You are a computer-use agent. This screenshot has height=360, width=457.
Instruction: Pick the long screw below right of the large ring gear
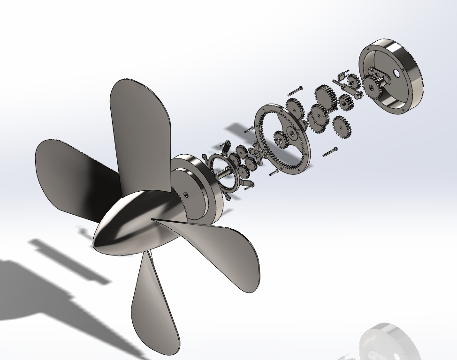[x=330, y=151]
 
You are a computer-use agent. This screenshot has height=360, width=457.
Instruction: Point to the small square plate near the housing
[x=341, y=75]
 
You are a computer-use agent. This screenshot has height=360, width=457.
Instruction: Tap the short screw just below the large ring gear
[x=274, y=172]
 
